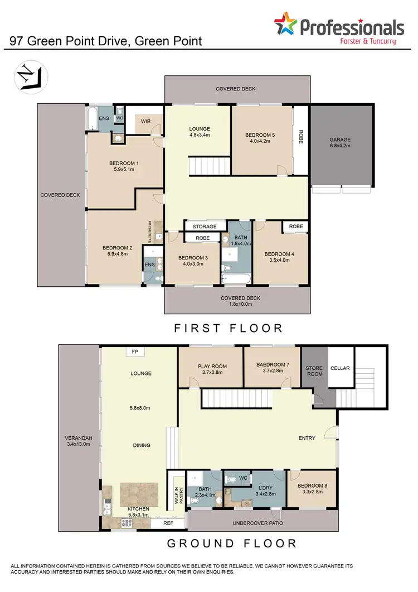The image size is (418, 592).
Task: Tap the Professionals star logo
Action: click(286, 26)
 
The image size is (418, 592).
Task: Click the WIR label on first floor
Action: click(147, 121)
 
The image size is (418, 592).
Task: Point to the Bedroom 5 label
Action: click(260, 138)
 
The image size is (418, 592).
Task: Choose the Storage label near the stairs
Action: click(205, 227)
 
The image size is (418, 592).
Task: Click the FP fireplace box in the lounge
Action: click(135, 352)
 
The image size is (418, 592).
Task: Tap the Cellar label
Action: click(340, 368)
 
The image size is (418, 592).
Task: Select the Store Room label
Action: click(314, 371)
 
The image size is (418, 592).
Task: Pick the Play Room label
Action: click(211, 370)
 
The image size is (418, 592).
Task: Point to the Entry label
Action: click(307, 438)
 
